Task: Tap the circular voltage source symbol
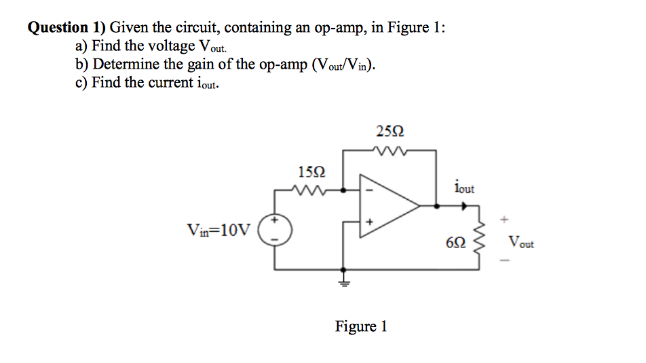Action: (x=275, y=230)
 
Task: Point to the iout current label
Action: (x=465, y=186)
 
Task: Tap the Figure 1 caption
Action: (x=361, y=326)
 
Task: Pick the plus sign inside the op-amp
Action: (x=370, y=221)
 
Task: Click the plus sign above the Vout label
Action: (x=503, y=220)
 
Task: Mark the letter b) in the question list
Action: (x=82, y=65)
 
